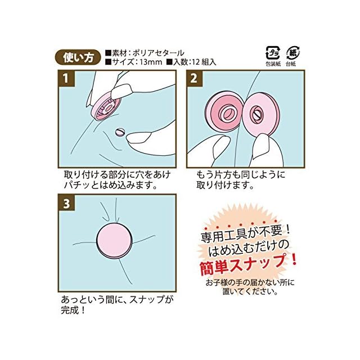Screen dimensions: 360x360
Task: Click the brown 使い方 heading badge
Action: (x=79, y=57)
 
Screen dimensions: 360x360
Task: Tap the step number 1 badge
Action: (x=66, y=79)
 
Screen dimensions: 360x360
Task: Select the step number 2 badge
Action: (x=194, y=79)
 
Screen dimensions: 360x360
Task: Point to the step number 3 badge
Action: (x=66, y=203)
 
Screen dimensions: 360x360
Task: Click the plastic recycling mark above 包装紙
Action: (x=272, y=53)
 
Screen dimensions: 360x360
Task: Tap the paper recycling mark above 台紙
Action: (x=292, y=53)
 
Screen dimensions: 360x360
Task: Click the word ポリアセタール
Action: (x=159, y=53)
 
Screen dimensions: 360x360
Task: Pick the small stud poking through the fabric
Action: (x=120, y=133)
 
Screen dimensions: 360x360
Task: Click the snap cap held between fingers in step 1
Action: (x=106, y=107)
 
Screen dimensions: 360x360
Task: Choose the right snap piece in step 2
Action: (x=260, y=114)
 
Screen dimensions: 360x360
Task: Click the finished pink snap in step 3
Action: (x=114, y=240)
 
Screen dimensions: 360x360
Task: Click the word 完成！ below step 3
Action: (x=73, y=310)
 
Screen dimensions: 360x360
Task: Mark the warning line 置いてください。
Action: (x=250, y=291)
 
